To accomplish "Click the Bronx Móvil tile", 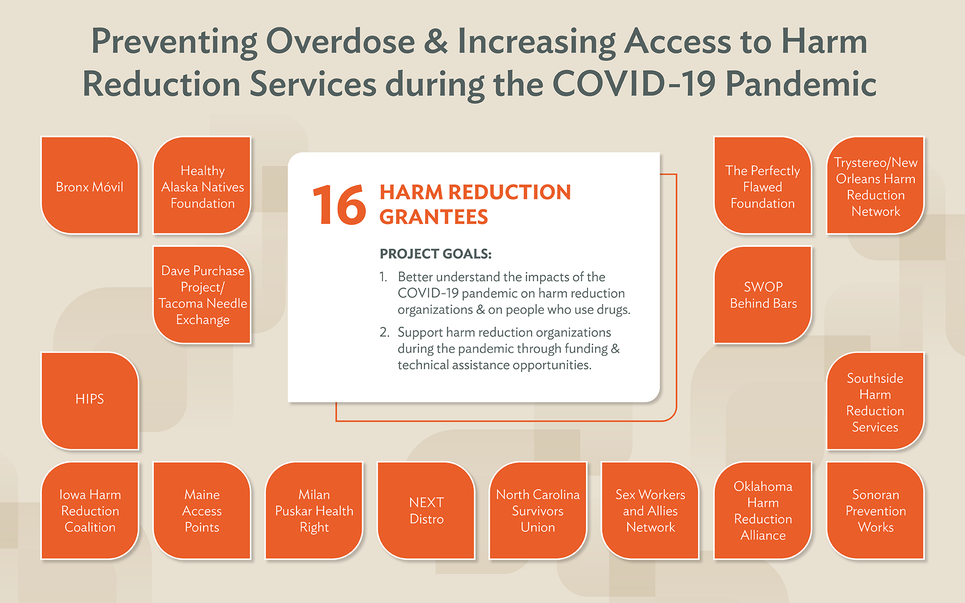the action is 89,185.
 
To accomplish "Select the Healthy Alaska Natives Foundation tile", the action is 202,185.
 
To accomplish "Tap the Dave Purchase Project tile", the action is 202,295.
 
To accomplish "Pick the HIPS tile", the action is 89,401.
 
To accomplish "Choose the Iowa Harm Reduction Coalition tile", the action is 89,511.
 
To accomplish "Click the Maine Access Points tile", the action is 202,511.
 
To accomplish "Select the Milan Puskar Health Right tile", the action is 314,511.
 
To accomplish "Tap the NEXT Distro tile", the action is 426,511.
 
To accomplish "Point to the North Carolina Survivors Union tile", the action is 538,511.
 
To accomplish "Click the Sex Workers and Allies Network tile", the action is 650,511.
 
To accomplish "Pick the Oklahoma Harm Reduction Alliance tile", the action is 763,511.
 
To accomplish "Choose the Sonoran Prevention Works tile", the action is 876,511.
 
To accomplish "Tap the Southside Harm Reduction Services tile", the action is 876,401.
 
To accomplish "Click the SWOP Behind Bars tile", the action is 763,295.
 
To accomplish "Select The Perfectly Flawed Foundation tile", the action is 763,185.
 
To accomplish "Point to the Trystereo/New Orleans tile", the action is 876,185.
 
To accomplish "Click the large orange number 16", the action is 339,205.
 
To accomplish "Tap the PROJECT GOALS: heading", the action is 436,254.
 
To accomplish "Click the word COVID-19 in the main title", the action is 634,83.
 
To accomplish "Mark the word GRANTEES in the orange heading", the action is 434,217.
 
